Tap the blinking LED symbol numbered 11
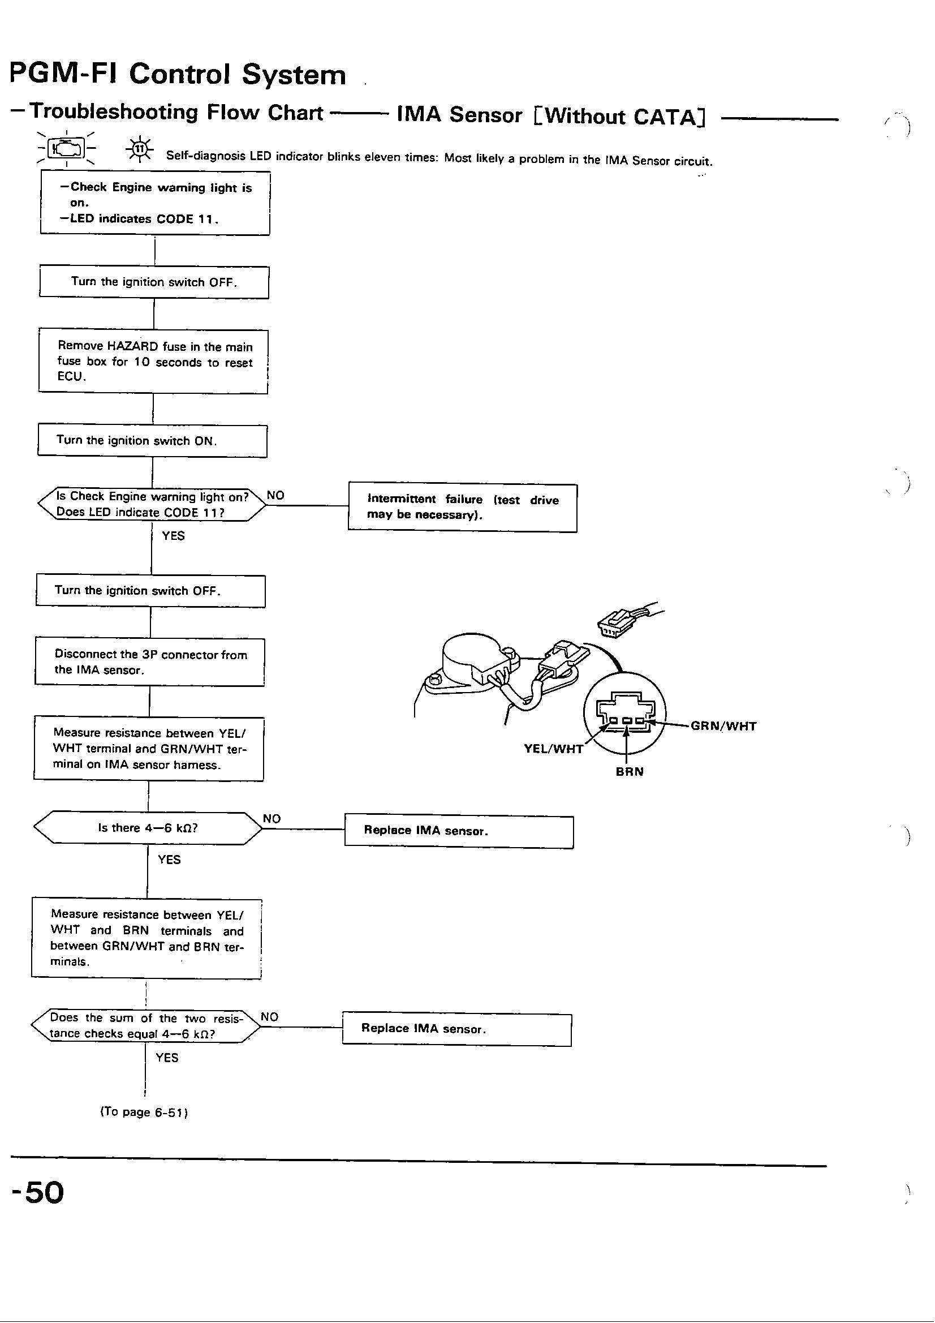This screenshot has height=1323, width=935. [139, 149]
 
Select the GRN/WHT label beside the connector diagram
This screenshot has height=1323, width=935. [723, 726]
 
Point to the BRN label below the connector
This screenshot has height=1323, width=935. [629, 771]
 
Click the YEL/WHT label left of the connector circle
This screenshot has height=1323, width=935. [553, 748]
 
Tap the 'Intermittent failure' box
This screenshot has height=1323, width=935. [462, 508]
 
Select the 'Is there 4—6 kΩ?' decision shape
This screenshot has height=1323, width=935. [148, 828]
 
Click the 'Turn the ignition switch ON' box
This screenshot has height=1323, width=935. [152, 441]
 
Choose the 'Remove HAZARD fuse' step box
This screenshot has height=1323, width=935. [153, 362]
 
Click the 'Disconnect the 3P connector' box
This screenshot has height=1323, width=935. [150, 662]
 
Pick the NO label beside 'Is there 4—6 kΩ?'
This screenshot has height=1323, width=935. [272, 819]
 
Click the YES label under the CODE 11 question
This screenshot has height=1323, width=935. [173, 536]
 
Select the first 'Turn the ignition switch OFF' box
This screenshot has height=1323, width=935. [154, 282]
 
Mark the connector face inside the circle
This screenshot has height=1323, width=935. [624, 715]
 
